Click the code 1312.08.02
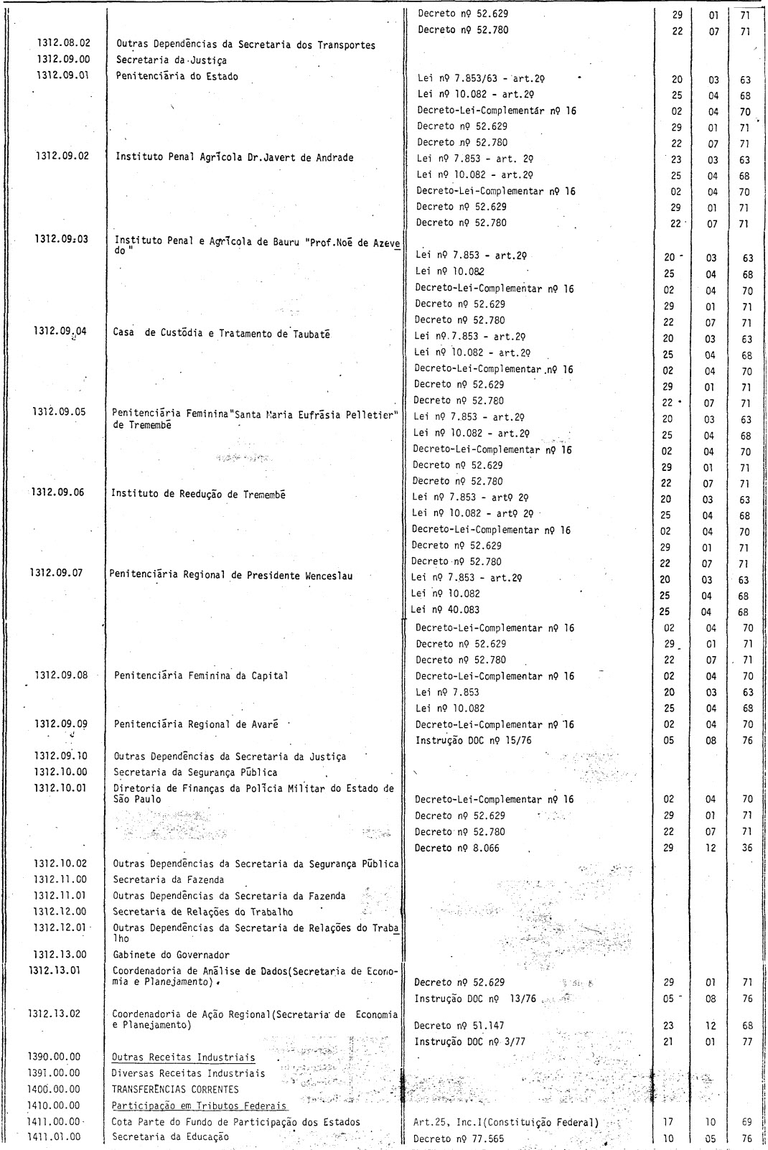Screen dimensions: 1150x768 tap(64, 45)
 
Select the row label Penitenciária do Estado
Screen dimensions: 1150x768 tap(177, 76)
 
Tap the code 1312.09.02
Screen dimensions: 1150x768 tap(64, 156)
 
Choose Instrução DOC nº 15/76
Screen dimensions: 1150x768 tap(474, 740)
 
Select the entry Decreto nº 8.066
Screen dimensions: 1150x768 tap(457, 848)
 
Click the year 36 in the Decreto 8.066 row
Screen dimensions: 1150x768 tap(747, 848)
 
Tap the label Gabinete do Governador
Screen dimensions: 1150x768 tap(172, 955)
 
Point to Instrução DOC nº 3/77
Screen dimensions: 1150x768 tap(470, 1042)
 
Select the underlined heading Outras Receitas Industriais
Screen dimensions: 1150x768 tap(184, 1057)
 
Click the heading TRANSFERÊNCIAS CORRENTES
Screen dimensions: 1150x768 tap(175, 1089)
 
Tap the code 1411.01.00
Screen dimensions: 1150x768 tap(54, 1137)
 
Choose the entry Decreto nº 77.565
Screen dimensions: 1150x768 tap(459, 1139)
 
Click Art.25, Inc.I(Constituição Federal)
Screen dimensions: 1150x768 tap(506, 1122)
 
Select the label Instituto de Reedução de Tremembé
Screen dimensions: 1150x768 tap(198, 494)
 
